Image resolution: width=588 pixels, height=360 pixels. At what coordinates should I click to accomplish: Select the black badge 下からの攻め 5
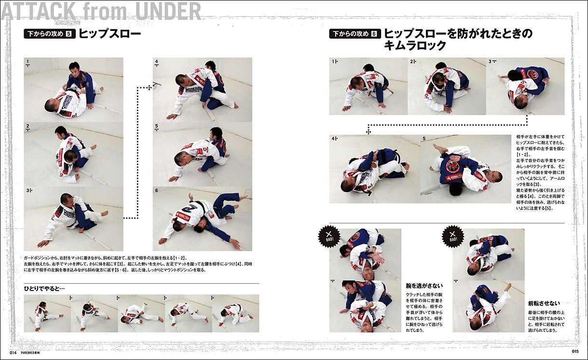click(50, 34)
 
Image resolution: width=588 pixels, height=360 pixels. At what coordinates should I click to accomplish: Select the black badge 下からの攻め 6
click(355, 34)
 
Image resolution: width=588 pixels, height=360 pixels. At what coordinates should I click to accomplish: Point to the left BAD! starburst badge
click(329, 237)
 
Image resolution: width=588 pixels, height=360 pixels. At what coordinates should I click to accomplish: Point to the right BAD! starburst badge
click(453, 237)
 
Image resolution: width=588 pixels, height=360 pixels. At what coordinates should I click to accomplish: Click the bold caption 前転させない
click(544, 304)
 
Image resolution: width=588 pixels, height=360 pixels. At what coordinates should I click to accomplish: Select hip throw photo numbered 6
click(203, 219)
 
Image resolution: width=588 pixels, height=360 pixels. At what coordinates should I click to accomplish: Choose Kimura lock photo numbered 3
click(525, 86)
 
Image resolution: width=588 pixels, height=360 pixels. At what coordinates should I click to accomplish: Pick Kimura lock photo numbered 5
click(465, 169)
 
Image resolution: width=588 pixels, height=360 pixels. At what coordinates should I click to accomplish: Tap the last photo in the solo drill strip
click(235, 313)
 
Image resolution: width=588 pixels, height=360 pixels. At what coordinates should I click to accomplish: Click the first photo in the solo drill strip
click(47, 313)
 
